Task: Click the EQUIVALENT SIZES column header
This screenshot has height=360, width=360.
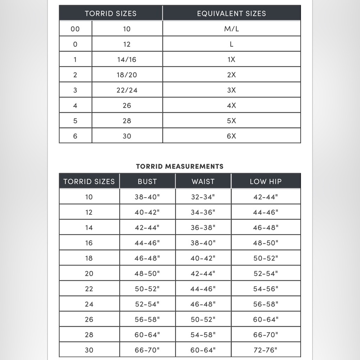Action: (231, 14)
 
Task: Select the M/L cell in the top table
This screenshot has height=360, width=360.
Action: (231, 29)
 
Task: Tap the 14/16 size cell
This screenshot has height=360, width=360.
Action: (127, 59)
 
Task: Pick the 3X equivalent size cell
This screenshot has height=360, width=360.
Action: (231, 90)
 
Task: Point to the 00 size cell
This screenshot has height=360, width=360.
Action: (75, 29)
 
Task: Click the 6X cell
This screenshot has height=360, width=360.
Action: (231, 136)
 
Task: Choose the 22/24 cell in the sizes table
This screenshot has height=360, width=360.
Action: (127, 90)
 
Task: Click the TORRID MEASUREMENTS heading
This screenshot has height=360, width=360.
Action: (180, 166)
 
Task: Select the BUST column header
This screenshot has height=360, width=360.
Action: (147, 181)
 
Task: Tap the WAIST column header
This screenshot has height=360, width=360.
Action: (203, 181)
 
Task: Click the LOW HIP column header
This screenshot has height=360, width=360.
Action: (266, 181)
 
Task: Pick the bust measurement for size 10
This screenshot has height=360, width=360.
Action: (147, 197)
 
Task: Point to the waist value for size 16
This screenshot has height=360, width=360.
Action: (203, 243)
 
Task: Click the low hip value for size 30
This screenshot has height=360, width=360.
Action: (266, 350)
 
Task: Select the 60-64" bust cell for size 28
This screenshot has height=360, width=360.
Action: (147, 335)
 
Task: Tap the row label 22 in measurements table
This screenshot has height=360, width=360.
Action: (89, 289)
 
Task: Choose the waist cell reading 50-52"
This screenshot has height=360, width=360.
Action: (203, 319)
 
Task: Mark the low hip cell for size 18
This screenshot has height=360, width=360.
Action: (266, 258)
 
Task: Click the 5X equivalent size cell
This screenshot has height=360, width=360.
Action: (231, 121)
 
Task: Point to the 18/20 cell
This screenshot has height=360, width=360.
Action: (127, 75)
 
